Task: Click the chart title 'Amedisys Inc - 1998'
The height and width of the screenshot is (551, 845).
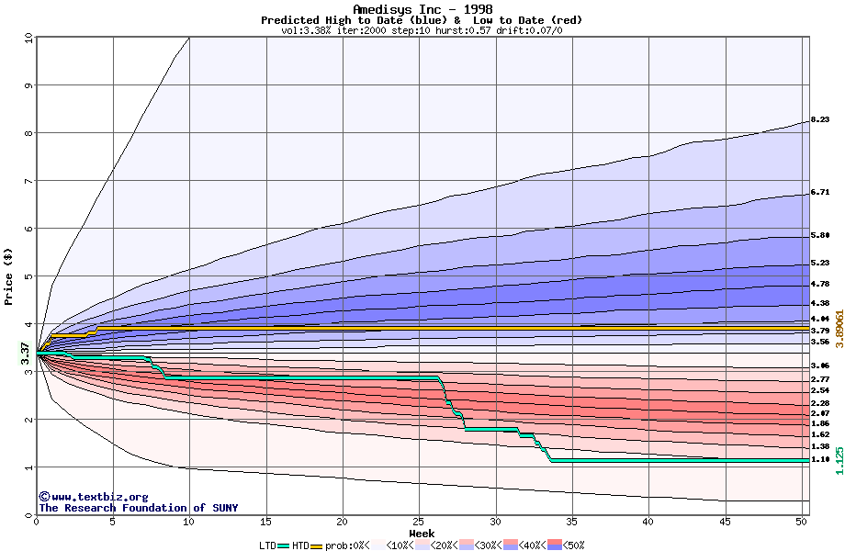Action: tap(422, 9)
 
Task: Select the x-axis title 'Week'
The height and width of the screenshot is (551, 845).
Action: tap(422, 533)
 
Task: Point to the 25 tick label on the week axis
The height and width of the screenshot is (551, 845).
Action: tap(419, 522)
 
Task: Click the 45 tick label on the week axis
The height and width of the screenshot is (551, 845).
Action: tap(725, 522)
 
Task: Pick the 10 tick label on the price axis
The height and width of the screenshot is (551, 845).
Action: tap(28, 38)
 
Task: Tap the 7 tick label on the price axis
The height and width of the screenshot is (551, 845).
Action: tap(28, 181)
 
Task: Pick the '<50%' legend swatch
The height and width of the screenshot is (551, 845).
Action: tap(557, 545)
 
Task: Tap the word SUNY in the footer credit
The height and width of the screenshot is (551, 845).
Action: tap(223, 508)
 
